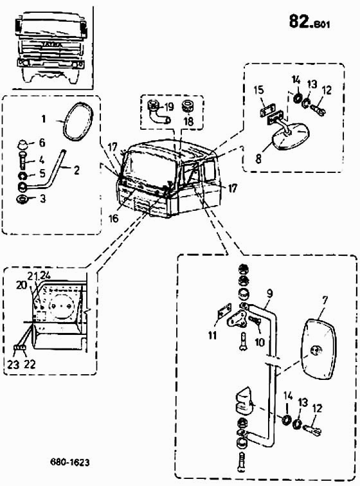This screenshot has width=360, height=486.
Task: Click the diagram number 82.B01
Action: [x=309, y=22]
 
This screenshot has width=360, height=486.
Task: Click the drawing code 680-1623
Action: [x=70, y=462]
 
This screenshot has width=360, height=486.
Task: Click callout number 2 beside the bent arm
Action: [x=76, y=170]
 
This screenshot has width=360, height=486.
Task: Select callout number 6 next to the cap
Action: [x=42, y=143]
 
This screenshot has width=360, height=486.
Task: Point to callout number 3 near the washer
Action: [x=42, y=199]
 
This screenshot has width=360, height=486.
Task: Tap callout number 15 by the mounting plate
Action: [x=258, y=90]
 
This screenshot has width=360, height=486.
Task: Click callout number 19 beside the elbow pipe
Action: [x=169, y=107]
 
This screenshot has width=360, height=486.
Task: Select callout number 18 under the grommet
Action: [x=188, y=121]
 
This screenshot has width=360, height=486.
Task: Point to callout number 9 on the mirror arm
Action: [x=269, y=294]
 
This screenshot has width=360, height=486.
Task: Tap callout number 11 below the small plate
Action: [x=212, y=335]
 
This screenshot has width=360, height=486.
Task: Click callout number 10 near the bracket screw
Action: [x=260, y=342]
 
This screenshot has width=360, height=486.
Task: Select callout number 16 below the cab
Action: [x=114, y=218]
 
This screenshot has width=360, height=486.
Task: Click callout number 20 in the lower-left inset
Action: [x=22, y=285]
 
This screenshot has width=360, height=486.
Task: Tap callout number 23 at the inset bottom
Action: [x=14, y=364]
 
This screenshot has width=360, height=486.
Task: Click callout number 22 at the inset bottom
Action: [x=30, y=364]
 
